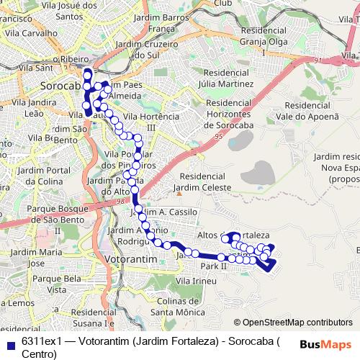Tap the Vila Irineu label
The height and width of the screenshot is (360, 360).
[x=199, y=280]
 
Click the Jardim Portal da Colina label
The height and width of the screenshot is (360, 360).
[x=42, y=175]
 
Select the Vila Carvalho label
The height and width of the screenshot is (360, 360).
[x=30, y=33]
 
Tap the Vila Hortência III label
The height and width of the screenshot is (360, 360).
[x=151, y=122]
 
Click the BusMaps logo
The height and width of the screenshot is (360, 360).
[x=325, y=344]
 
